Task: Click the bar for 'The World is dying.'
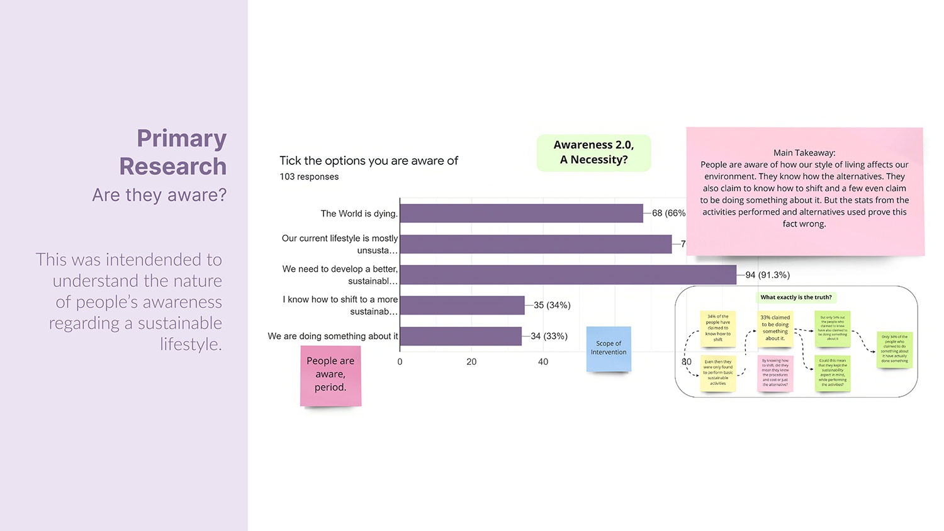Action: pyautogui.click(x=521, y=213)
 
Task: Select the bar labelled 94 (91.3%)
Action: pyautogui.click(x=568, y=275)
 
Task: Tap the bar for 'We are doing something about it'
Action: pyautogui.click(x=461, y=336)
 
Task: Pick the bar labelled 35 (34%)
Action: pyautogui.click(x=462, y=305)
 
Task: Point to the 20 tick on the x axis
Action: pyautogui.click(x=471, y=362)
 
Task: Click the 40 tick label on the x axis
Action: pyautogui.click(x=543, y=362)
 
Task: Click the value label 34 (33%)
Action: pyautogui.click(x=549, y=336)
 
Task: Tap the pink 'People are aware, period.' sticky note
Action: pyautogui.click(x=330, y=375)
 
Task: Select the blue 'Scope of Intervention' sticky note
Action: pyautogui.click(x=609, y=348)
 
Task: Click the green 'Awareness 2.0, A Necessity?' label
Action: pyautogui.click(x=593, y=152)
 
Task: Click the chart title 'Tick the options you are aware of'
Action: pyautogui.click(x=369, y=160)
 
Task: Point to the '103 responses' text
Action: pyautogui.click(x=309, y=177)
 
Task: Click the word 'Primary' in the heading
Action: pyautogui.click(x=181, y=138)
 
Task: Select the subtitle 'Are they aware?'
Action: pyautogui.click(x=159, y=195)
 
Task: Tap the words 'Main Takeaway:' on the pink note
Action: pyautogui.click(x=804, y=152)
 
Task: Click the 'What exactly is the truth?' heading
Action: pyautogui.click(x=795, y=297)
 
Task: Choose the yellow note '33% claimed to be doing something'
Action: pyautogui.click(x=775, y=328)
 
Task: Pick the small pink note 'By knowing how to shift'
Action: pyautogui.click(x=775, y=372)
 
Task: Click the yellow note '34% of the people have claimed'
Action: pyautogui.click(x=718, y=328)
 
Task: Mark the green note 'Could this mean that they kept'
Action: pyautogui.click(x=832, y=372)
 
